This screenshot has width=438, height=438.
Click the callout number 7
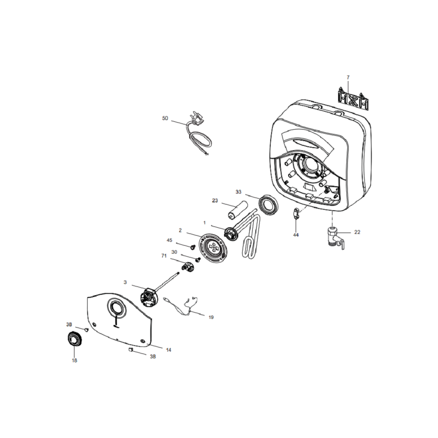click(348, 78)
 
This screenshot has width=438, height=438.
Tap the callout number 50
click(165, 118)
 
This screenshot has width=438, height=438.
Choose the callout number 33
click(238, 192)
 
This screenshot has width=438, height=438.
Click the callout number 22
click(357, 232)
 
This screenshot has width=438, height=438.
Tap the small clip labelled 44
click(296, 214)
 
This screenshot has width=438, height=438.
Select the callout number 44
click(296, 235)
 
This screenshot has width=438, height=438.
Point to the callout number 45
click(170, 240)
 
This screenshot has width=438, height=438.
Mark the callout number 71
click(164, 256)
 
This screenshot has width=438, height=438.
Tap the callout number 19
click(211, 317)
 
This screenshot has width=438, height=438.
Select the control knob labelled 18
click(74, 340)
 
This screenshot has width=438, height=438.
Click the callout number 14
click(169, 350)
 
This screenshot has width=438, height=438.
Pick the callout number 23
click(215, 201)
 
